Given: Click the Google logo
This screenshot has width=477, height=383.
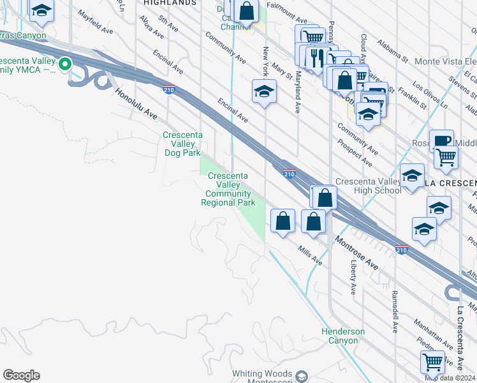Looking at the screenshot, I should coord(21,375).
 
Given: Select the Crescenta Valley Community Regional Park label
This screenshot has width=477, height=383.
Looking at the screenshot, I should coord(228,189).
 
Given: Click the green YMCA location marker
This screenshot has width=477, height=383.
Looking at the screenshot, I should coord(64,64).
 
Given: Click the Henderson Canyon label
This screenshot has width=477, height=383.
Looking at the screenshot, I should coord(343,336).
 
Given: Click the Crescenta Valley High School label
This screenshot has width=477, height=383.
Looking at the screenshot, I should coord(368,186).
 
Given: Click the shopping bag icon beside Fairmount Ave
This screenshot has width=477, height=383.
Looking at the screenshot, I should coord(246,11).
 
